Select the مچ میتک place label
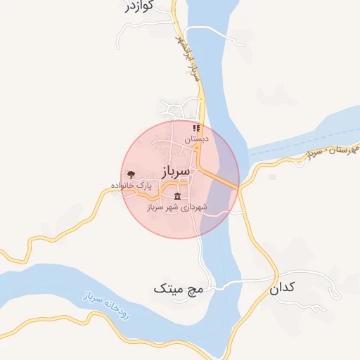[178, 288]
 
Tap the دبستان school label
[197, 140]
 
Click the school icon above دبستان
[197, 129]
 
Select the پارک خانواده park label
[131, 185]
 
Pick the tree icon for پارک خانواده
[131, 173]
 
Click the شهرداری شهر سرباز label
[175, 207]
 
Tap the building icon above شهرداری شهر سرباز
[176, 195]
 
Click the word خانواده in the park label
[122, 185]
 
